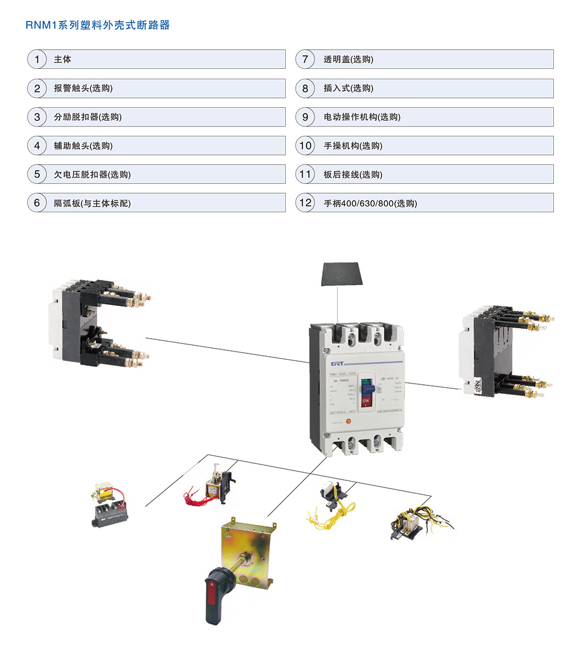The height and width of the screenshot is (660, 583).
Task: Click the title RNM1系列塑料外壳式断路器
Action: pyautogui.click(x=98, y=26)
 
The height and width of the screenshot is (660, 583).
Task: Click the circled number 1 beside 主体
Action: pyautogui.click(x=37, y=59)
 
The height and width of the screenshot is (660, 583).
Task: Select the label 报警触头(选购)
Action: pyautogui.click(x=83, y=89)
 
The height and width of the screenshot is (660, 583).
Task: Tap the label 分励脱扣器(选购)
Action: pyautogui.click(x=87, y=117)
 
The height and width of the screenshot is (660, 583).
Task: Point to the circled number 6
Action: pyautogui.click(x=37, y=203)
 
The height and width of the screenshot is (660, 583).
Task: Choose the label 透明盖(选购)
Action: pyautogui.click(x=348, y=59)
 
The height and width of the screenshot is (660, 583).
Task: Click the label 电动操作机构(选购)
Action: pyautogui.click(x=361, y=117)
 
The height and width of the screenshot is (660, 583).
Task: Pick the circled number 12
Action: pyautogui.click(x=305, y=203)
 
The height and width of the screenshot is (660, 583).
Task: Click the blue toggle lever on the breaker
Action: pyautogui.click(x=367, y=387)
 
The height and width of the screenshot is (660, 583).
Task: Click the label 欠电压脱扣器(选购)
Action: pyautogui.click(x=92, y=174)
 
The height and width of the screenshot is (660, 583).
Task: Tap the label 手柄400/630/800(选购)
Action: pyautogui.click(x=370, y=203)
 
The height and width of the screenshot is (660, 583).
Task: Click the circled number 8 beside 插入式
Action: pyautogui.click(x=305, y=89)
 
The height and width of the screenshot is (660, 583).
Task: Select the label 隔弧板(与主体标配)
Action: pyautogui.click(x=92, y=203)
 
